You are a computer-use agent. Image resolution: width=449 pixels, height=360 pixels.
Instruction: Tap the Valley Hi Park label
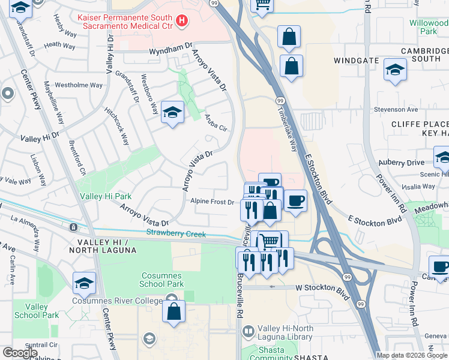tap(106, 196)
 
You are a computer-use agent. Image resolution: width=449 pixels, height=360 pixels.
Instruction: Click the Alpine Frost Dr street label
tap(212, 202)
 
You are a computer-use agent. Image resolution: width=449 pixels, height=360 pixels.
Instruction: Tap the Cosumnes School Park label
tap(161, 279)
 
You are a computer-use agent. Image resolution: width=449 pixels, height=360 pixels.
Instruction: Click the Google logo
tap(20, 353)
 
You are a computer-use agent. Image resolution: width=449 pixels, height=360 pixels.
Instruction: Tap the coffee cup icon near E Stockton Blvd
tap(295, 200)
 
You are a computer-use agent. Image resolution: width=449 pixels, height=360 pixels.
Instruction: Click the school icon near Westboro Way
tap(172, 112)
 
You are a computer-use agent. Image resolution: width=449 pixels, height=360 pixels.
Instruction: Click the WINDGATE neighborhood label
tap(357, 61)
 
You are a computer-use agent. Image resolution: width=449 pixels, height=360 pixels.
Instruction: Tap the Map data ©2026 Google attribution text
tap(411, 355)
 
